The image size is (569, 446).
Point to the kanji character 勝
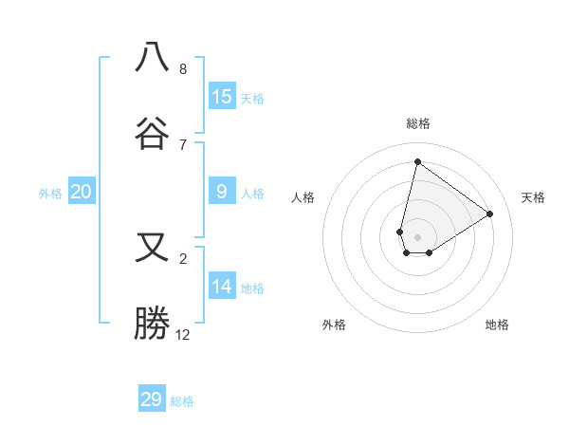coord(152,324)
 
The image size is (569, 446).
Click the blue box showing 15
coord(221,97)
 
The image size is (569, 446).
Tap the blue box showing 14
coord(221,288)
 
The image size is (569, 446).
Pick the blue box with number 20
coord(82,193)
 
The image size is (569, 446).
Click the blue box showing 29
coord(152,400)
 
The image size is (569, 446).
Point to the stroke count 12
coord(183,334)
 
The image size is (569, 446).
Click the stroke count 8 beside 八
coord(183,68)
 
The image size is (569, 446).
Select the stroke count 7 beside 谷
coord(183,144)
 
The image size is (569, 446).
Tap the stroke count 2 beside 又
coord(183,258)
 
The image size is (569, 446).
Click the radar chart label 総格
coord(418,123)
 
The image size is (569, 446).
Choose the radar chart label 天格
coord(533,197)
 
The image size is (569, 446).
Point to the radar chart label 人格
coord(303,197)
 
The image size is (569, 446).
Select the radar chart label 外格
coord(334,325)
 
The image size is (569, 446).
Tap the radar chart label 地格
coord(497,325)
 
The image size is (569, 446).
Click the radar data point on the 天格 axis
coord(490,214)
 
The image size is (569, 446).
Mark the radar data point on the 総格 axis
coord(417,161)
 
